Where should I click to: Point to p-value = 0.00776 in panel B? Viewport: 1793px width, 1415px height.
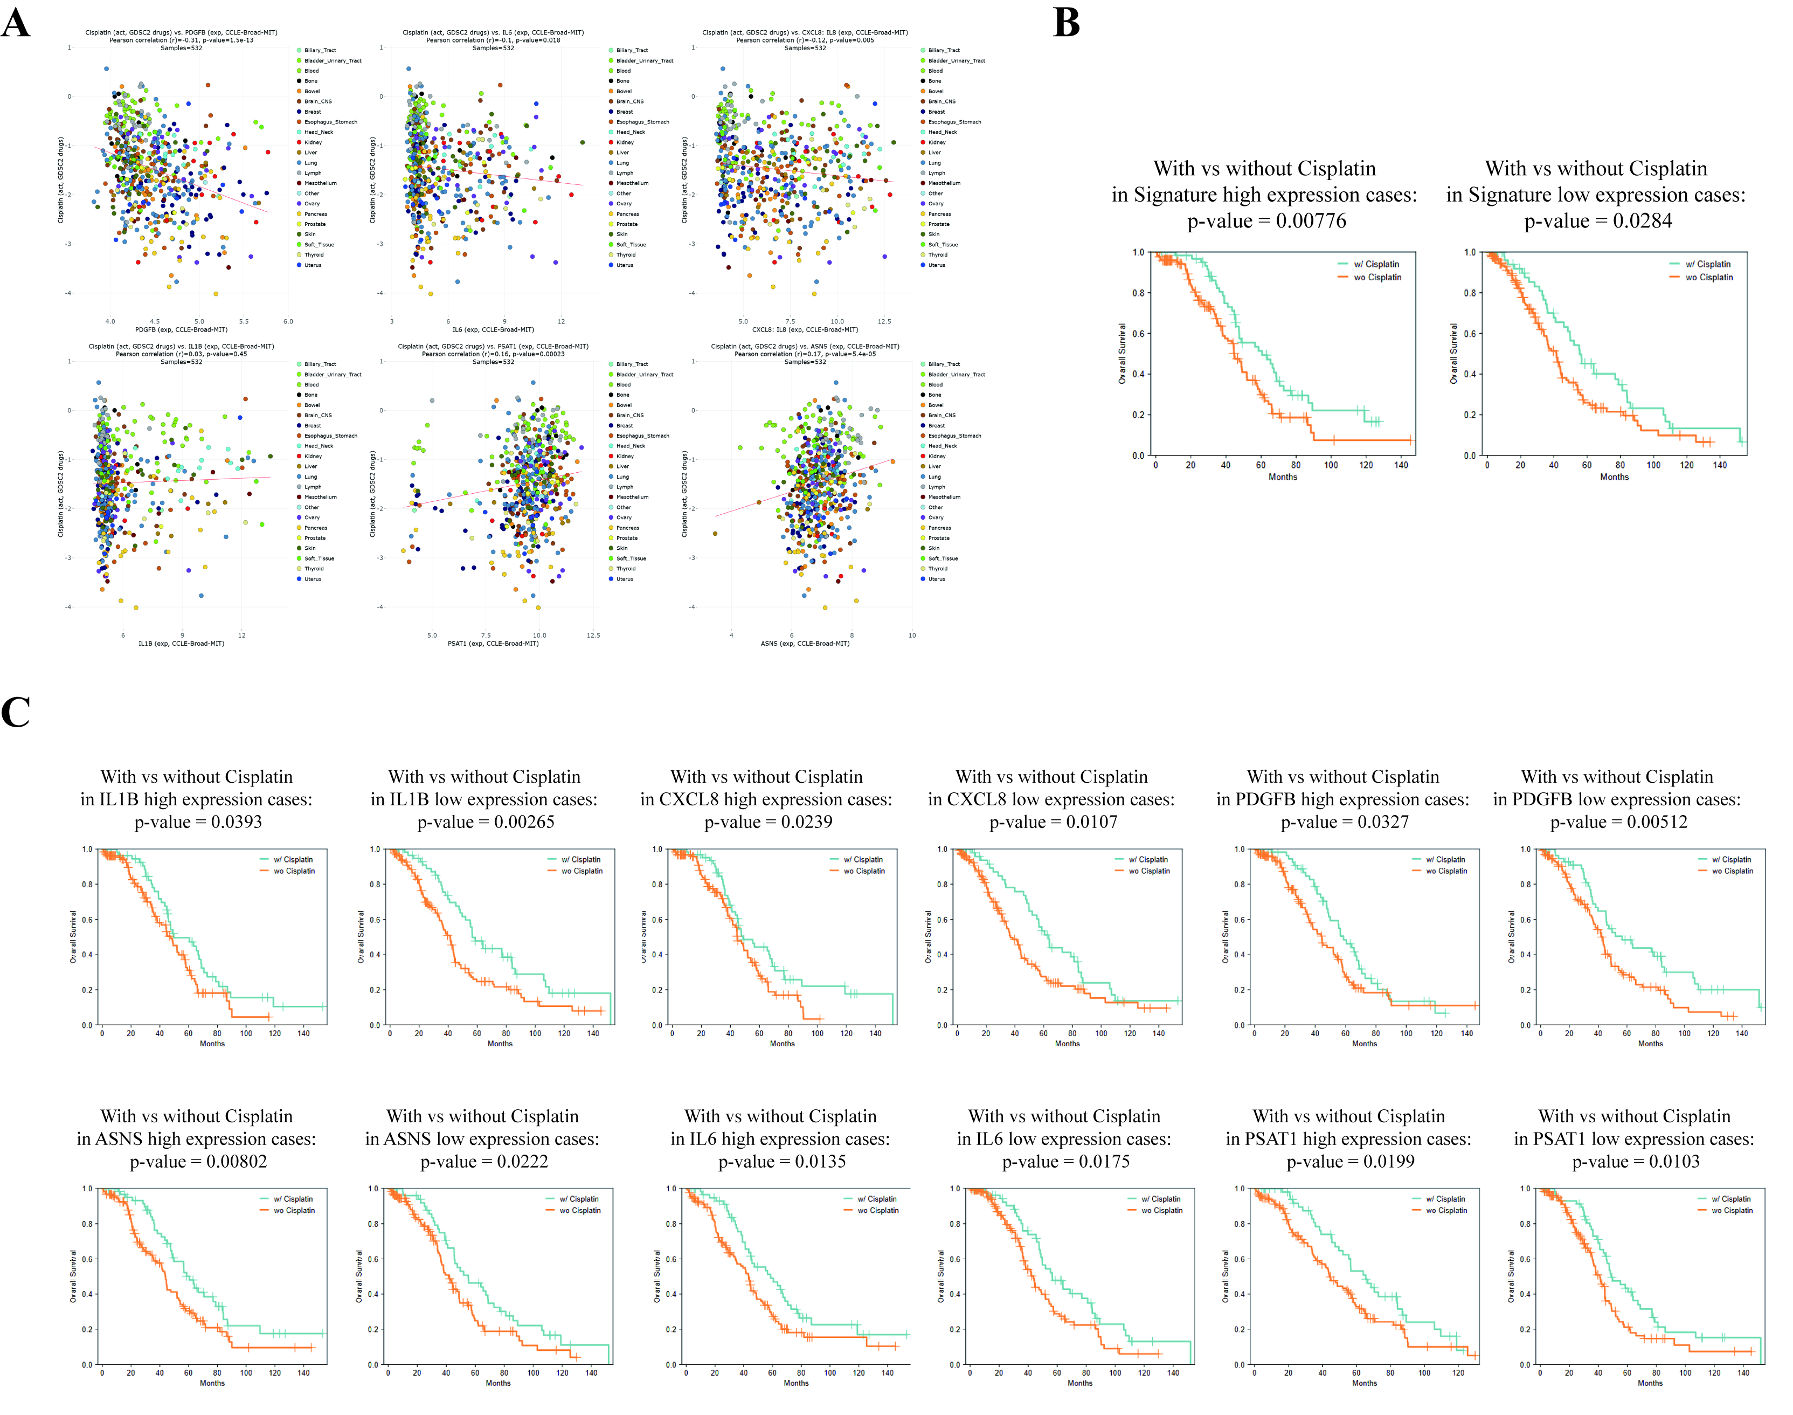1266,221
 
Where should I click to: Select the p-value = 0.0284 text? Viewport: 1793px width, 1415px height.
1597,221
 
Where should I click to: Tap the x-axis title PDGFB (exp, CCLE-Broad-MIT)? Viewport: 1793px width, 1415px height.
182,330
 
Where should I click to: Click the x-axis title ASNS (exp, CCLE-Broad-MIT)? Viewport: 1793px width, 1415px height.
805,644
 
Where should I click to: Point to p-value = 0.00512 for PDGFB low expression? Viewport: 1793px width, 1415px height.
1618,822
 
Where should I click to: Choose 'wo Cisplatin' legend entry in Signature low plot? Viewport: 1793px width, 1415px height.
1708,278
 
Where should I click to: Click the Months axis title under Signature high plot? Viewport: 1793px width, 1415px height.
1283,477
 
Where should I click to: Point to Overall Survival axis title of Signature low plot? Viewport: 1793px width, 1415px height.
1453,354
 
